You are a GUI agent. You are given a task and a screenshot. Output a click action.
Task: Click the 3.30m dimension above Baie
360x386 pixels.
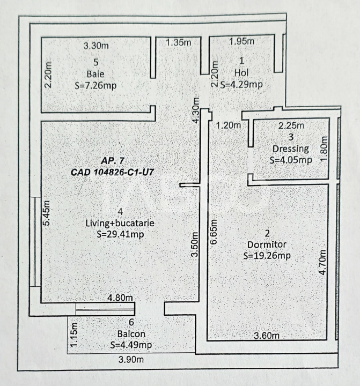pos(97,46)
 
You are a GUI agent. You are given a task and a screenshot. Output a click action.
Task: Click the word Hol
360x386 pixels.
pos(240,72)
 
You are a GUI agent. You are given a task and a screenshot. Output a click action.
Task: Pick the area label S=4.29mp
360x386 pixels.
pos(241,84)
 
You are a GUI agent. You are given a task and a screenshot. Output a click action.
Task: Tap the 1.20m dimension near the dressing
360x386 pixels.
pos(227,126)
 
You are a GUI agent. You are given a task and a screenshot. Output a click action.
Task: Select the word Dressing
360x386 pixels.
pos(290,149)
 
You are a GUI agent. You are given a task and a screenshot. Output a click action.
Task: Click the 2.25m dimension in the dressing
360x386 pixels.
pos(291,126)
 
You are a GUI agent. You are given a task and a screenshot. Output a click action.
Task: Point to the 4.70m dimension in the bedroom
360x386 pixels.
pos(322,261)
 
